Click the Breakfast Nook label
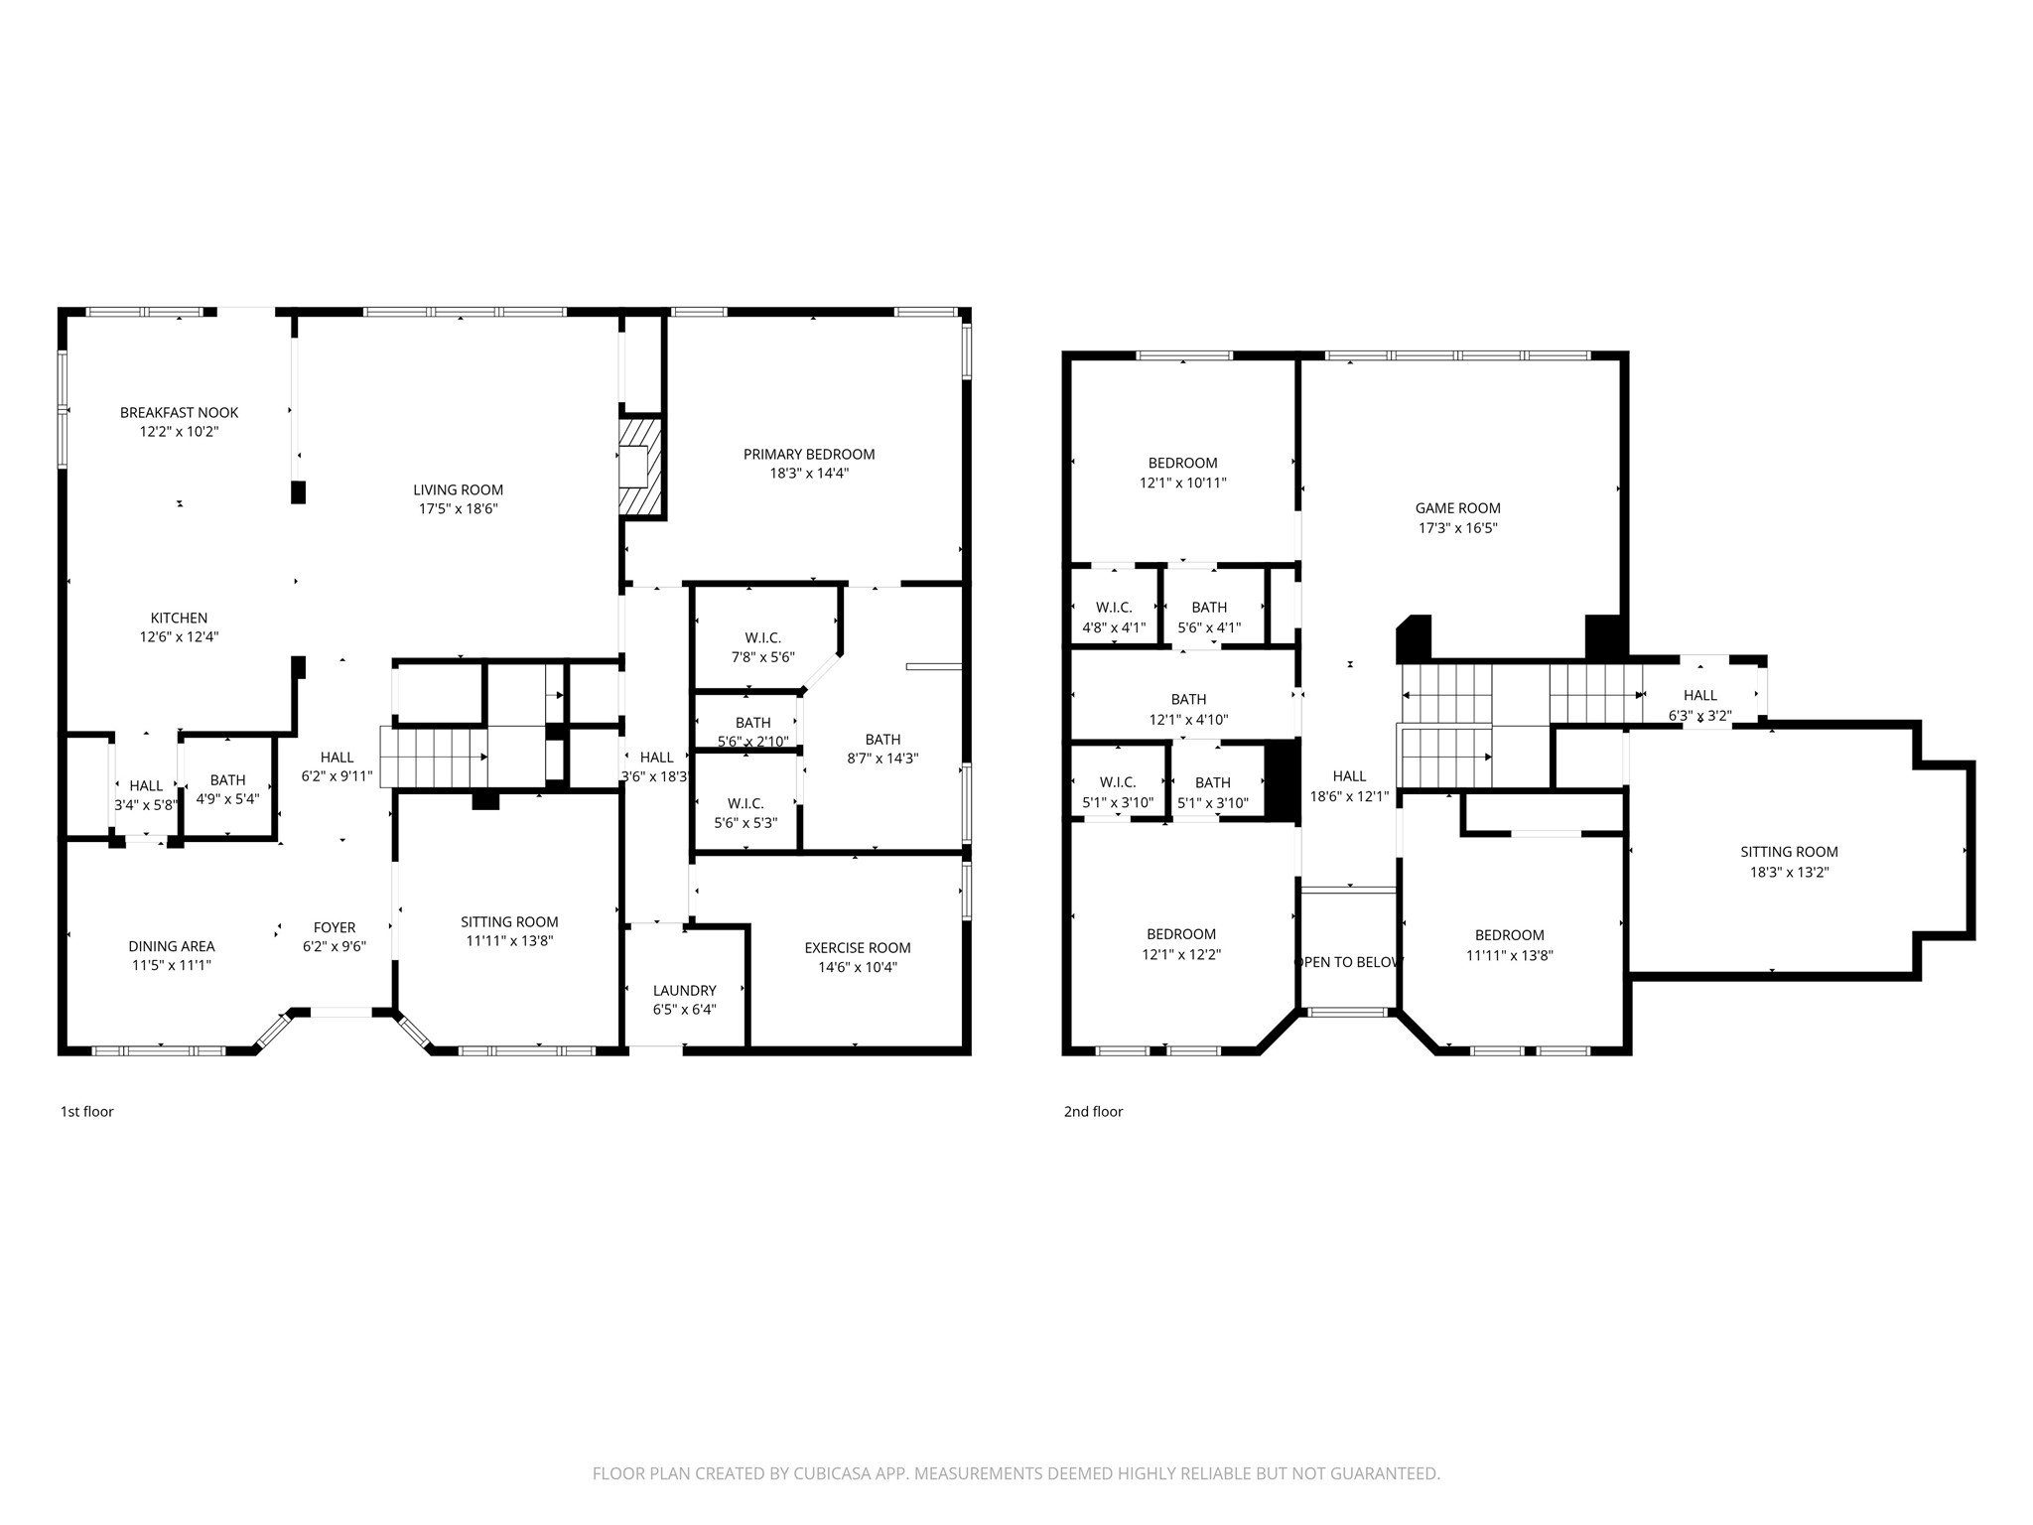coord(179,413)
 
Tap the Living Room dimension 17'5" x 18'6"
coord(458,509)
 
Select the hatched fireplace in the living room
coord(640,467)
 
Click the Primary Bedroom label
coord(808,455)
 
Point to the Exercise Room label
coord(857,948)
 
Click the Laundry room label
coord(684,991)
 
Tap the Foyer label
coord(335,928)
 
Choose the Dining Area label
coord(171,946)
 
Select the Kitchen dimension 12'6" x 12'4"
coord(179,637)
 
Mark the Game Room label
coord(1457,508)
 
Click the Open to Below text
coord(1348,962)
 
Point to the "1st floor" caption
coord(86,1112)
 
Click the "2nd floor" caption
coord(1093,1112)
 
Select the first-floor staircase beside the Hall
coord(433,757)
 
